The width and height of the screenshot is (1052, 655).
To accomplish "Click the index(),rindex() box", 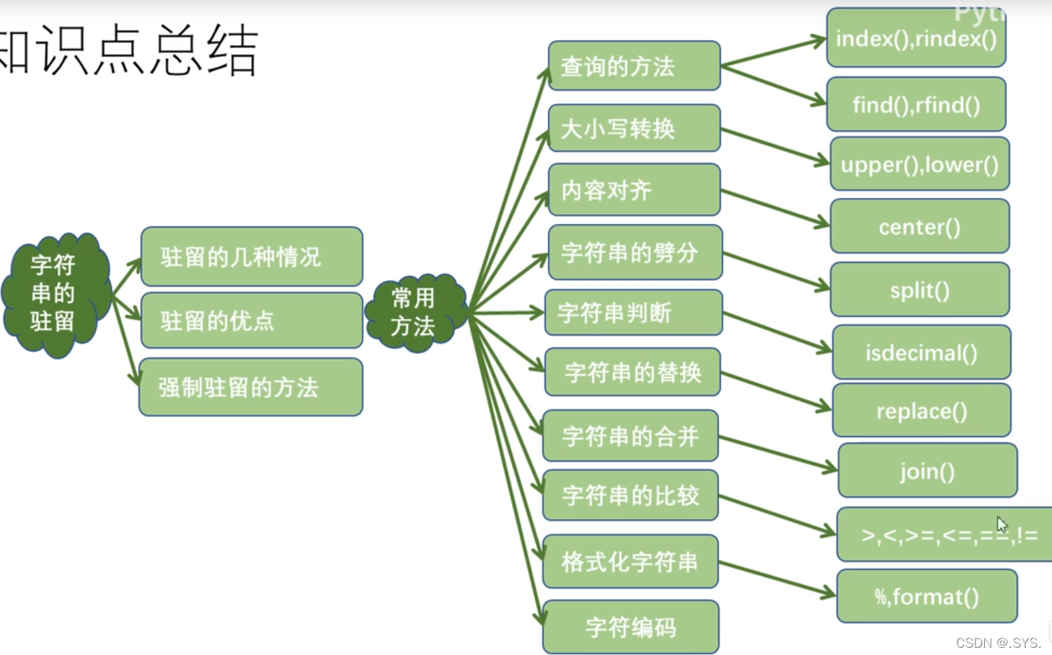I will pyautogui.click(x=916, y=38).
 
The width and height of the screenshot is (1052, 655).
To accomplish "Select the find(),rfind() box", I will pyautogui.click(x=916, y=105).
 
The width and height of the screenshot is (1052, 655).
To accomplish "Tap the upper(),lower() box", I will pyautogui.click(x=919, y=164).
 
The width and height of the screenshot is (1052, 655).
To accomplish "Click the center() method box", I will pyautogui.click(x=919, y=227).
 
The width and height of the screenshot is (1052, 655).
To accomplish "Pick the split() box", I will pyautogui.click(x=919, y=290).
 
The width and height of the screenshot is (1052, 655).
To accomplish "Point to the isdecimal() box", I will pyautogui.click(x=921, y=353).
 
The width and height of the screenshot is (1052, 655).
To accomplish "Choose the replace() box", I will pyautogui.click(x=921, y=411).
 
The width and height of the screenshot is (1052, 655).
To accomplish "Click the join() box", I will pyautogui.click(x=927, y=471).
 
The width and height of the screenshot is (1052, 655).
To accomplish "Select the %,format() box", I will pyautogui.click(x=927, y=597).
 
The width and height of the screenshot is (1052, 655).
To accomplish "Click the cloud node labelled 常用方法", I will pyautogui.click(x=414, y=313).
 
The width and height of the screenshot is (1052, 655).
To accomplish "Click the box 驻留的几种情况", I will pyautogui.click(x=251, y=257).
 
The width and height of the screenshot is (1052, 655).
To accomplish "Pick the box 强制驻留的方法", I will pyautogui.click(x=251, y=388).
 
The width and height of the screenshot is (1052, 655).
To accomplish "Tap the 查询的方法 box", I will pyautogui.click(x=634, y=66).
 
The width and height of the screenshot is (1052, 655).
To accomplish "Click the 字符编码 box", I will pyautogui.click(x=631, y=628).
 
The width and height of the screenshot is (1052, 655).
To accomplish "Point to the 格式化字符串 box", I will pyautogui.click(x=630, y=562).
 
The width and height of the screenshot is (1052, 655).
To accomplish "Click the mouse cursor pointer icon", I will pyautogui.click(x=1002, y=524).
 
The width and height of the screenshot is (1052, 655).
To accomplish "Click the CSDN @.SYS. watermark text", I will pyautogui.click(x=998, y=643).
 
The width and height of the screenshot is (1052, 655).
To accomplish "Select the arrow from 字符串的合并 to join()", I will pyautogui.click(x=777, y=454).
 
